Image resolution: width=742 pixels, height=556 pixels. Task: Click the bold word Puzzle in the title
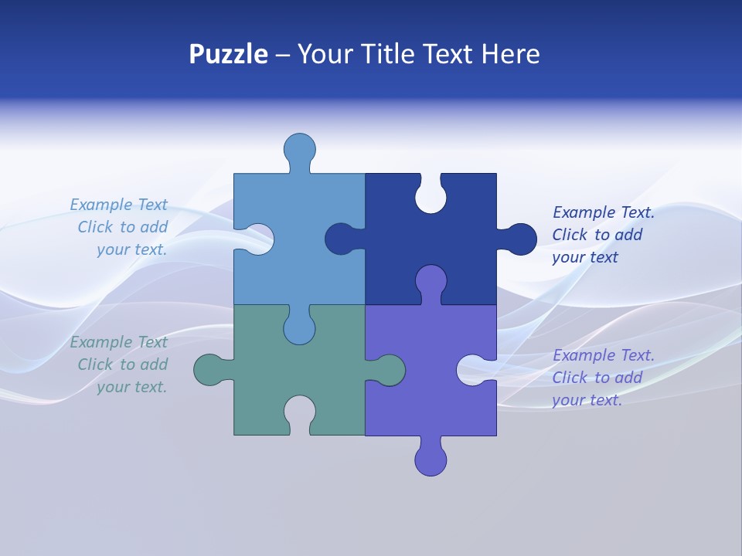pyautogui.click(x=228, y=55)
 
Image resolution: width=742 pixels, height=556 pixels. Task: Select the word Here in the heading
pyautogui.click(x=510, y=55)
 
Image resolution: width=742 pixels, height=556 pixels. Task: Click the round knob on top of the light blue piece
pyautogui.click(x=299, y=148)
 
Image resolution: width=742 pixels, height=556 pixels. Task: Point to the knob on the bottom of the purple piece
pyautogui.click(x=431, y=460)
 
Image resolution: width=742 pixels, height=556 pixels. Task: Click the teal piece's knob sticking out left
pyautogui.click(x=209, y=371)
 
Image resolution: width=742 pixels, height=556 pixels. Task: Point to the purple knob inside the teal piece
pyautogui.click(x=389, y=370)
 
